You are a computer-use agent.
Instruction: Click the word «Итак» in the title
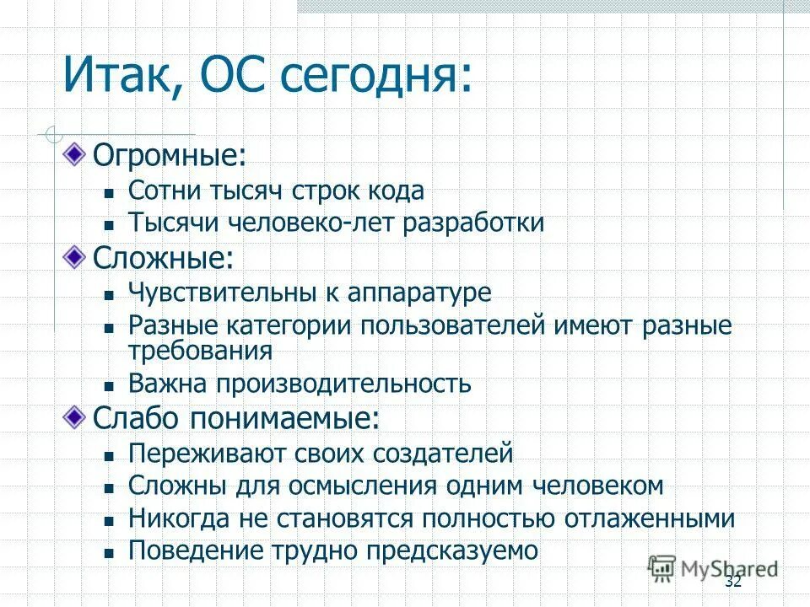[x=119, y=75]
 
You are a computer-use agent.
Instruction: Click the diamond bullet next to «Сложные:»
[x=77, y=256]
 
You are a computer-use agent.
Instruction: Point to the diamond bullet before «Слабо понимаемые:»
[x=77, y=415]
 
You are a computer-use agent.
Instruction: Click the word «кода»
[x=394, y=191]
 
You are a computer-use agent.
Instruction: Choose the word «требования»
[x=200, y=350]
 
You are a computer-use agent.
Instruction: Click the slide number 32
[x=732, y=583]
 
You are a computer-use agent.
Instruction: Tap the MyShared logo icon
[x=663, y=568]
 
